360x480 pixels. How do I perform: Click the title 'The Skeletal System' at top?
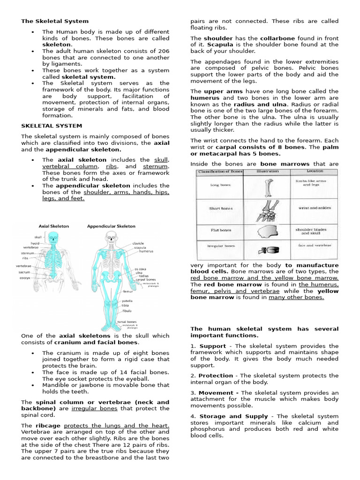(54, 21)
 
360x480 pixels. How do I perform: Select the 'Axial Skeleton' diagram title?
(53, 226)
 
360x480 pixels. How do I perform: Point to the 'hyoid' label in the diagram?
(35, 243)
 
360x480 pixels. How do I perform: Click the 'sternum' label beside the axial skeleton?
(28, 253)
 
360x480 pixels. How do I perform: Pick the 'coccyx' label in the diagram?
(25, 277)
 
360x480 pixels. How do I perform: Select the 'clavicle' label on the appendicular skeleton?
(138, 243)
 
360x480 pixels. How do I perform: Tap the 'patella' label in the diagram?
(127, 301)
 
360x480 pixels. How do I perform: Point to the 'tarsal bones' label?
(127, 322)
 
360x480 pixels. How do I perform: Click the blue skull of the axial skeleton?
(54, 238)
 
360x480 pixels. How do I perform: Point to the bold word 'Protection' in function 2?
(216, 375)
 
